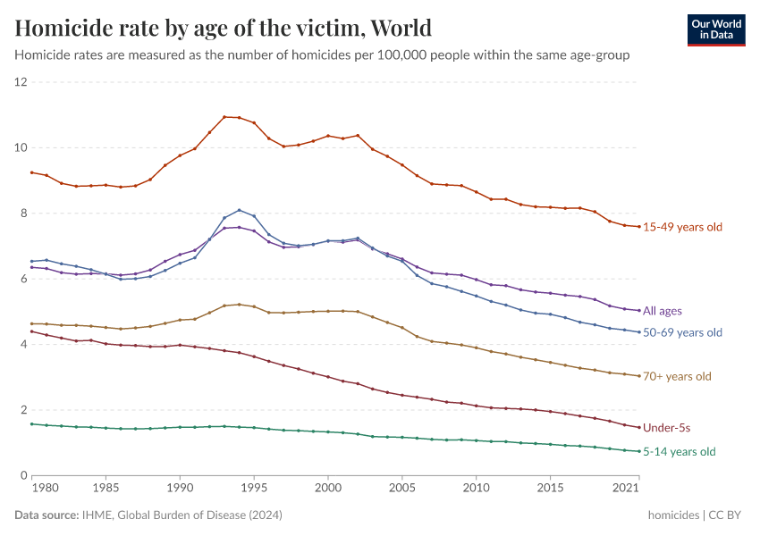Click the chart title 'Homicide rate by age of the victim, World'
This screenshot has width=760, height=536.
[224, 28]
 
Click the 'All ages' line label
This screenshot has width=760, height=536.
[663, 311]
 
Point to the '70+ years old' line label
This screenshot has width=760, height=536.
[677, 376]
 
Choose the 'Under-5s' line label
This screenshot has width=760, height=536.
[667, 428]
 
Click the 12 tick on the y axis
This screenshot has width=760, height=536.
[21, 82]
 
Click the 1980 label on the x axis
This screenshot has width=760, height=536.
[46, 490]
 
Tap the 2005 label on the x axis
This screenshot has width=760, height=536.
[402, 490]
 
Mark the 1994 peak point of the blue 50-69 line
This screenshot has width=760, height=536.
[240, 210]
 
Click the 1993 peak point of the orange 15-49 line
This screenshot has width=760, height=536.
[224, 116]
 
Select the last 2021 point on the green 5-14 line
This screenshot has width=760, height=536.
[639, 451]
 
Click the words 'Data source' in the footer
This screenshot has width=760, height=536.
[45, 515]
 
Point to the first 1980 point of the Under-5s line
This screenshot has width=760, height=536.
[32, 331]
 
